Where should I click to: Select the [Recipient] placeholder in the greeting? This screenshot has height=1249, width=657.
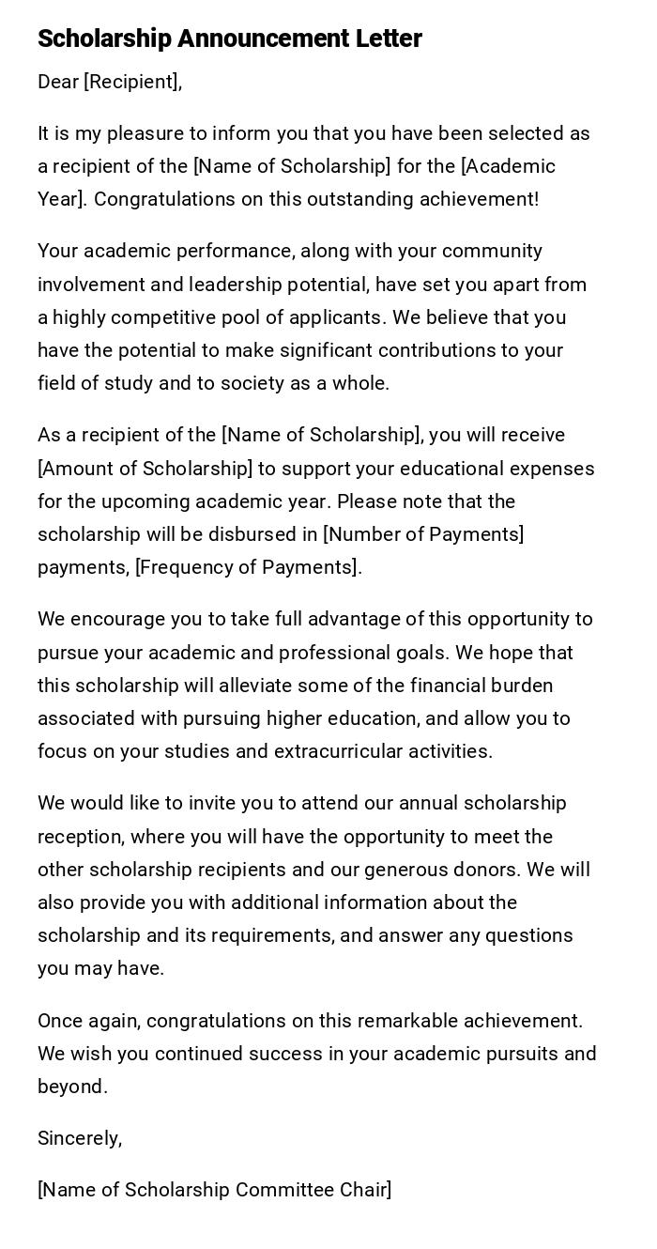point(130,83)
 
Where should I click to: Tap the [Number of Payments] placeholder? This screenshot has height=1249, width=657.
point(423,534)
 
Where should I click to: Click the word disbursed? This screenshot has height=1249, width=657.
point(266,534)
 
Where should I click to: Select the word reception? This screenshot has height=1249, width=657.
point(79,837)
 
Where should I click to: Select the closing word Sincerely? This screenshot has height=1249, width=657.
point(78,1138)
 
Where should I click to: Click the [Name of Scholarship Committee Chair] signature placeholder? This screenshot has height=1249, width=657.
point(215,1190)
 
